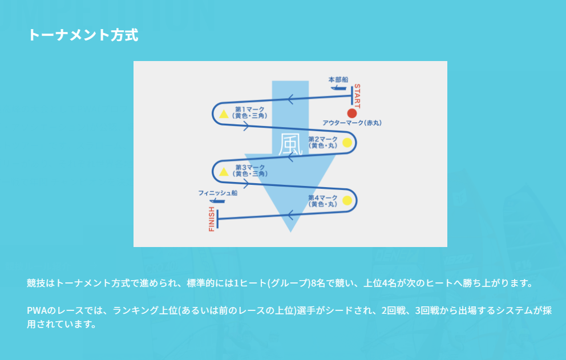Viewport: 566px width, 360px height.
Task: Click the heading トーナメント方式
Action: pos(83,35)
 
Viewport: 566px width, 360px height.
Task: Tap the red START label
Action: pos(357,96)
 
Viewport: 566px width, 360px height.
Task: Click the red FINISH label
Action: pos(212,219)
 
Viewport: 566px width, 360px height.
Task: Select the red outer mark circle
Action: pos(352,114)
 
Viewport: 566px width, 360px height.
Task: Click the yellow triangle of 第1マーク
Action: pos(224,114)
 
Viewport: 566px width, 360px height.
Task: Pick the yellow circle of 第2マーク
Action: pos(347,142)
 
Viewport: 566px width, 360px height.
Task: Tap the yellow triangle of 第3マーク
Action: pos(224,172)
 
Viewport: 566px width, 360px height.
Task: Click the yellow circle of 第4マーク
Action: pos(347,200)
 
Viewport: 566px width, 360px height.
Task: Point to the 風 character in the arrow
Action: pos(290,144)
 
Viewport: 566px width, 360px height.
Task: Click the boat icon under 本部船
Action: pos(338,88)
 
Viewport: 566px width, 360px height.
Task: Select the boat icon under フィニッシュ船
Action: pos(217,201)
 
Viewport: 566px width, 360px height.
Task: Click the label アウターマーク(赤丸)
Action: pos(352,123)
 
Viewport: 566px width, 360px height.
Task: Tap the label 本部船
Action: pos(338,79)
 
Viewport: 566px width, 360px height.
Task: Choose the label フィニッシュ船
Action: pos(217,193)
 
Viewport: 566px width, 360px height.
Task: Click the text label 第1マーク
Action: pos(250,109)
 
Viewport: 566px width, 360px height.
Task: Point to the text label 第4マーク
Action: pos(323,198)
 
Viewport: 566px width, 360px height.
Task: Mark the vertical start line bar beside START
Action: pos(352,95)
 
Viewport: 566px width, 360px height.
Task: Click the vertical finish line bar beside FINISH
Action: pos(217,219)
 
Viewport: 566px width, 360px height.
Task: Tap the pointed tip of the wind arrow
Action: pos(290,232)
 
